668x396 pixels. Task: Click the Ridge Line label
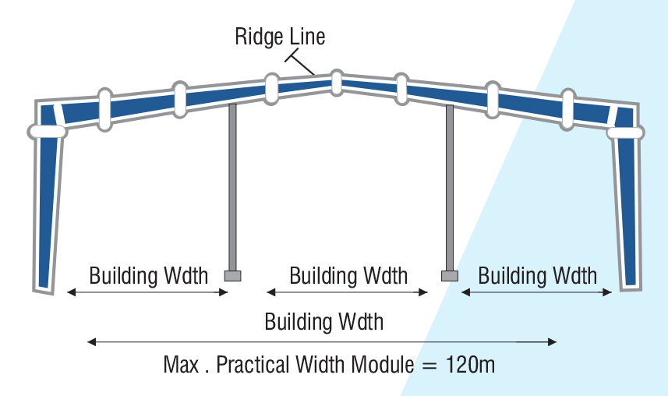click(280, 37)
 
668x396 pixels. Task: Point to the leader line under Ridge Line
click(300, 62)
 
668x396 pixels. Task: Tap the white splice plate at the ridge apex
click(337, 83)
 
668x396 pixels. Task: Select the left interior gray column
click(232, 188)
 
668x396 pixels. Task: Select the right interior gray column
click(450, 188)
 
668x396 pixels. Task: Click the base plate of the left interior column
click(232, 276)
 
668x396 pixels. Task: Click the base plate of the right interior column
click(450, 276)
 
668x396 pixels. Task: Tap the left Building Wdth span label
click(148, 275)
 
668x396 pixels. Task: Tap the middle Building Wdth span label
click(348, 275)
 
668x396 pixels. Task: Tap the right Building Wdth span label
click(537, 275)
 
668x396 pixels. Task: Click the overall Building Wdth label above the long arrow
click(323, 321)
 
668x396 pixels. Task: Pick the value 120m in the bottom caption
click(470, 365)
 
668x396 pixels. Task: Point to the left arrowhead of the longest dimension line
click(91, 342)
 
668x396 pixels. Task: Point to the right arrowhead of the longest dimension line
click(552, 342)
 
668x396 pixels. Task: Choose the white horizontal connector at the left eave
click(47, 132)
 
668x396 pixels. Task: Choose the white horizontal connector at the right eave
click(625, 133)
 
